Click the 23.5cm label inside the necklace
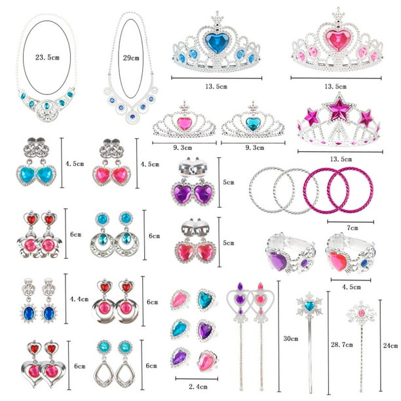[x=47, y=57]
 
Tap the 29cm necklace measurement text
[x=131, y=58]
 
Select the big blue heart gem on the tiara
[x=217, y=42]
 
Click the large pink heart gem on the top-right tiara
[x=337, y=40]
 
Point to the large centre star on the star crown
[x=339, y=109]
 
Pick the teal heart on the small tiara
[x=253, y=123]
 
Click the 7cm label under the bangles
[x=352, y=227]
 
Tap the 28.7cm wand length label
[x=341, y=345]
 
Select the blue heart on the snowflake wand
[x=309, y=305]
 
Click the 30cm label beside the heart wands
[x=291, y=339]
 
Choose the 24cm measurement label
[x=391, y=345]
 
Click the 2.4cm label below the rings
[x=198, y=387]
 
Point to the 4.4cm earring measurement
[x=79, y=299]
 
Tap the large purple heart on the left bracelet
[x=278, y=261]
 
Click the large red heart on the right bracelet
[x=337, y=261]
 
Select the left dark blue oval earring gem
[x=29, y=313]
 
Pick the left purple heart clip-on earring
[x=182, y=193]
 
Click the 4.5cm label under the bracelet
[x=351, y=287]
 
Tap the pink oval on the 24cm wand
[x=362, y=313]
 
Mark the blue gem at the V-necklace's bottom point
[x=132, y=117]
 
